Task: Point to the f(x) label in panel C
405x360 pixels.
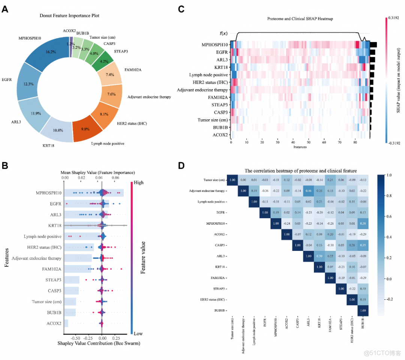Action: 223,33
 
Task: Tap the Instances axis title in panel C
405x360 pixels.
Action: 300,147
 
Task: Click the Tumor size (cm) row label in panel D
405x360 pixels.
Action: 214,180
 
